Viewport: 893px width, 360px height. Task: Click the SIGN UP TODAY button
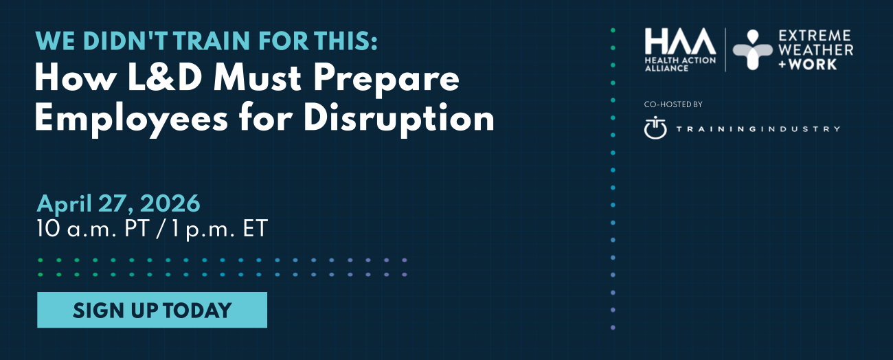tap(152, 310)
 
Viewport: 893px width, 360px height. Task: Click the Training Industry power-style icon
tap(655, 128)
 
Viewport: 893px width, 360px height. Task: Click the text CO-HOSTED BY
tap(673, 104)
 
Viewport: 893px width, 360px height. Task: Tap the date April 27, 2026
tap(119, 203)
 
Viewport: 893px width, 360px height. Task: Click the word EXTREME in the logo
tap(814, 36)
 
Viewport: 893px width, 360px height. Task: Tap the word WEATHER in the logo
tap(815, 49)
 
